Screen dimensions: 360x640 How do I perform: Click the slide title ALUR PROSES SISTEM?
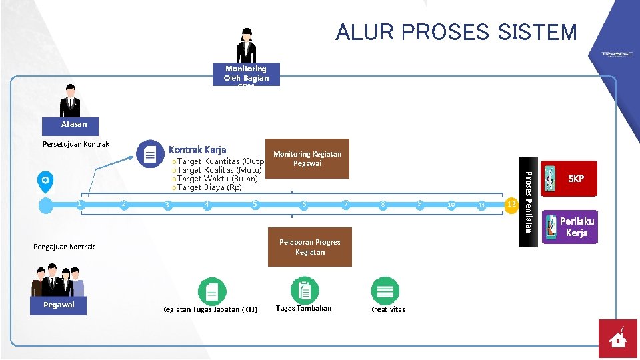pyautogui.click(x=456, y=32)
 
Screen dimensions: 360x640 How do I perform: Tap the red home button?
pyautogui.click(x=617, y=339)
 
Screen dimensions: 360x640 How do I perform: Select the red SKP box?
pyautogui.click(x=570, y=179)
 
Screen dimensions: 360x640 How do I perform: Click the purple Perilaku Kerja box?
pyautogui.click(x=570, y=227)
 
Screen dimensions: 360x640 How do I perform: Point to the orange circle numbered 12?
pyautogui.click(x=511, y=203)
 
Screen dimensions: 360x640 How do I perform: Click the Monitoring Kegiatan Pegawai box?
pyautogui.click(x=307, y=159)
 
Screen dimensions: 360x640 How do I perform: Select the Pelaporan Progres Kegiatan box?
pyautogui.click(x=309, y=247)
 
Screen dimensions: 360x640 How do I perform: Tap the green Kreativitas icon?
pyautogui.click(x=385, y=291)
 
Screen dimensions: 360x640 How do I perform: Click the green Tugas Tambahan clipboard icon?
pyautogui.click(x=305, y=291)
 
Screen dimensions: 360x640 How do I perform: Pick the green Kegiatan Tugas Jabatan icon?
pyautogui.click(x=212, y=291)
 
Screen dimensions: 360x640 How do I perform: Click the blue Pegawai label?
pyautogui.click(x=59, y=305)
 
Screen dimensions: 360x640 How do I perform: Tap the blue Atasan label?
pyautogui.click(x=73, y=125)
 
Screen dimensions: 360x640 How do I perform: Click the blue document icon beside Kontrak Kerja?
pyautogui.click(x=150, y=154)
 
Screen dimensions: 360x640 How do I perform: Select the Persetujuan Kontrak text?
pyautogui.click(x=75, y=144)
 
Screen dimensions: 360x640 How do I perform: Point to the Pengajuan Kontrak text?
pyautogui.click(x=64, y=247)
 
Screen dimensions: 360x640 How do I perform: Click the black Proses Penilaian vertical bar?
pyautogui.click(x=527, y=202)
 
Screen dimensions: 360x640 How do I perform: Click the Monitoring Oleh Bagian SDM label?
pyautogui.click(x=246, y=75)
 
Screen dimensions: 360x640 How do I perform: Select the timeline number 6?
pyautogui.click(x=304, y=204)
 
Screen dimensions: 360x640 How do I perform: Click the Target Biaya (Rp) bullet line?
pyautogui.click(x=207, y=187)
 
